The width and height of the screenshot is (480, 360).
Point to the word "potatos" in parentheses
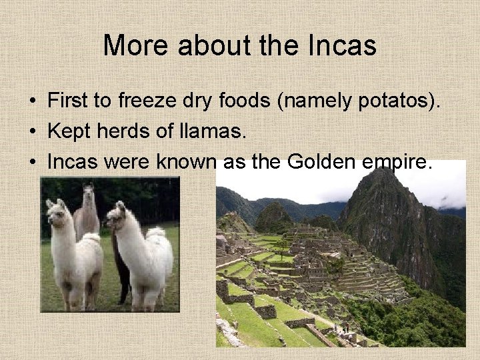391,103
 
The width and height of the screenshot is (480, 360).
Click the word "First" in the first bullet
71,102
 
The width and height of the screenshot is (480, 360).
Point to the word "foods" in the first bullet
239,102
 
